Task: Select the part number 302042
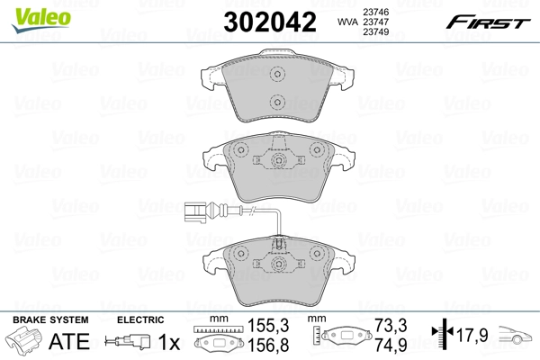point(267,22)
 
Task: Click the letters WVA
point(346,22)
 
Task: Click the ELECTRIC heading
point(141,319)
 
